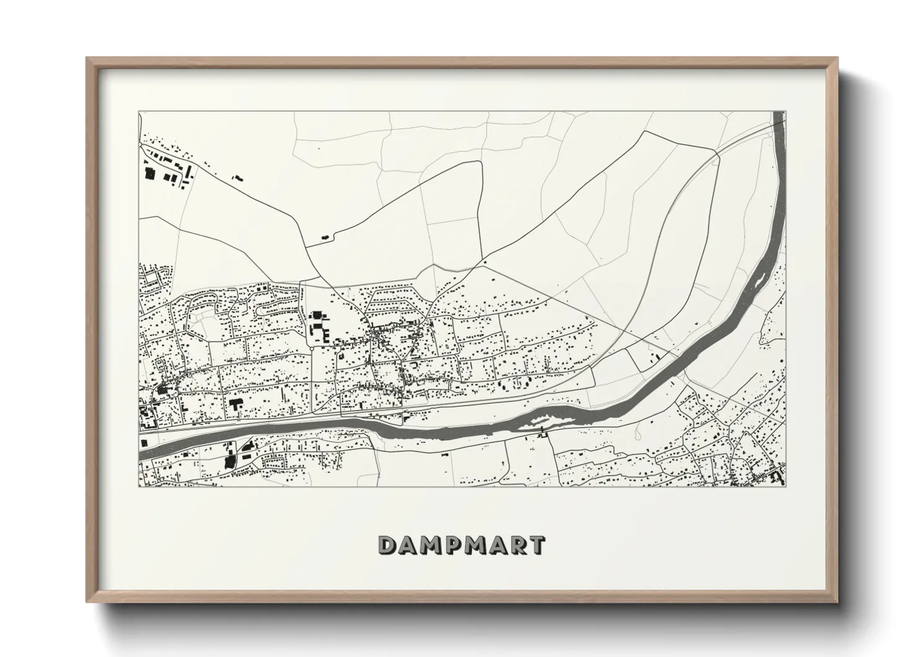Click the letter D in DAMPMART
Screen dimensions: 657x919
(x=389, y=545)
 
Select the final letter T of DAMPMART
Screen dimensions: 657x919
(x=536, y=545)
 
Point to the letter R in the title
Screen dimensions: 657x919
(x=517, y=545)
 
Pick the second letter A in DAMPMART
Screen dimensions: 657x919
(x=496, y=545)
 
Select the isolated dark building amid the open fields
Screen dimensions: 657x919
(x=324, y=237)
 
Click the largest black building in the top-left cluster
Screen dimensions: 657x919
(x=150, y=173)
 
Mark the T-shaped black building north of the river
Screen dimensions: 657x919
(x=236, y=404)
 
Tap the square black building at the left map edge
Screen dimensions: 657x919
(x=144, y=443)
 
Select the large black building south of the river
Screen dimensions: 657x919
(x=230, y=461)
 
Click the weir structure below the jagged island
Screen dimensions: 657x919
(x=542, y=432)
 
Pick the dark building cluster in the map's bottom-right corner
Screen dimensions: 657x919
(x=767, y=477)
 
